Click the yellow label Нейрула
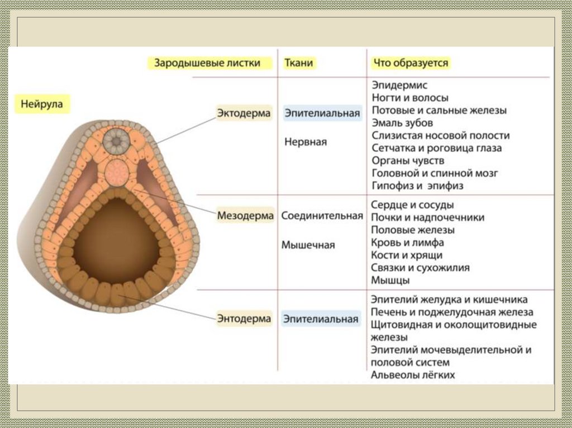coord(42,104)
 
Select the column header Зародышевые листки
coord(207,63)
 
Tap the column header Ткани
coord(299,63)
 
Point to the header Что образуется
coord(411,63)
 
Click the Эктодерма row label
coord(244,113)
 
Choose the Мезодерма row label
coord(246,215)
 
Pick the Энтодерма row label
coord(244,319)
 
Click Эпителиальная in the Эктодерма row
coord(322,113)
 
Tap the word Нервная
coord(306,142)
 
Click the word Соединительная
coord(322,215)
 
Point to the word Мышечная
coord(308,244)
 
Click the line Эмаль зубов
coord(402,123)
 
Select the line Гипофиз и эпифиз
coord(417,186)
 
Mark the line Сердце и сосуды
coord(412,205)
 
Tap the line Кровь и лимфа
coord(407,243)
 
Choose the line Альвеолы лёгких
coord(413,375)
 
